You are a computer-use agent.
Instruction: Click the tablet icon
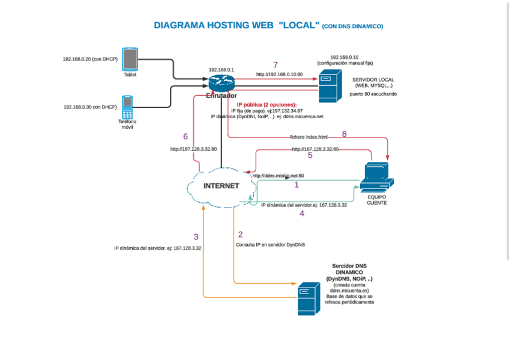point(130,59)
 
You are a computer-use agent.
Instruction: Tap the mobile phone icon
point(127,107)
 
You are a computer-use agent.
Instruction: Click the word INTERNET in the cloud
point(221,186)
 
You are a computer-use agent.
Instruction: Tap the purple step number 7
point(276,65)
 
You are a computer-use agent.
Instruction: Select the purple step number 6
point(185,136)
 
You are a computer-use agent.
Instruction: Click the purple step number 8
point(344,134)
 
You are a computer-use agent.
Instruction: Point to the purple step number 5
point(310,155)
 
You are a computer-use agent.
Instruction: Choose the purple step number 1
point(296,185)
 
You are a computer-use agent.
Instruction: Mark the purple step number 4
point(302,213)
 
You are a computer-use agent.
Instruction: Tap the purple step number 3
point(196,236)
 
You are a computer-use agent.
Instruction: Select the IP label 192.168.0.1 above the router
point(221,70)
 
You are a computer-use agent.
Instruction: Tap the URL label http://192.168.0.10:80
point(279,74)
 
